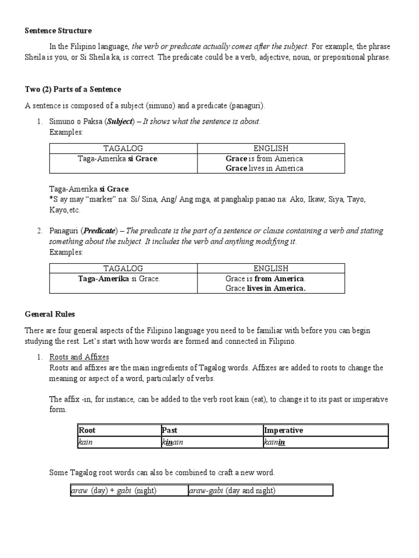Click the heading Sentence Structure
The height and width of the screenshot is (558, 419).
58,31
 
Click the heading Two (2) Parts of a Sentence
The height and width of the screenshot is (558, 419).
73,89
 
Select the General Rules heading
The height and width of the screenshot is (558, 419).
50,314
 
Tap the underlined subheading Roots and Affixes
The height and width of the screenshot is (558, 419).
79,357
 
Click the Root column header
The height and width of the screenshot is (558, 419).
87,430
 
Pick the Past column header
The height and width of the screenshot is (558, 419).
170,430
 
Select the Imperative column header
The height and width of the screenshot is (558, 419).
283,430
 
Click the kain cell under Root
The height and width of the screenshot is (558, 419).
86,442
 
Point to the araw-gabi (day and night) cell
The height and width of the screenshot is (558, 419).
232,490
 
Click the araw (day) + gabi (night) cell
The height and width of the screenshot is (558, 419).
113,490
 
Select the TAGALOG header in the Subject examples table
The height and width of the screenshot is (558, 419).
123,148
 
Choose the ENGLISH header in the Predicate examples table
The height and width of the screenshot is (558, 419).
271,268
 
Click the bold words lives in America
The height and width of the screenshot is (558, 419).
276,289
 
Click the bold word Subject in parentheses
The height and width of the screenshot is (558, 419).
120,122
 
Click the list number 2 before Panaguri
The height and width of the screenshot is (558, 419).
40,231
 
